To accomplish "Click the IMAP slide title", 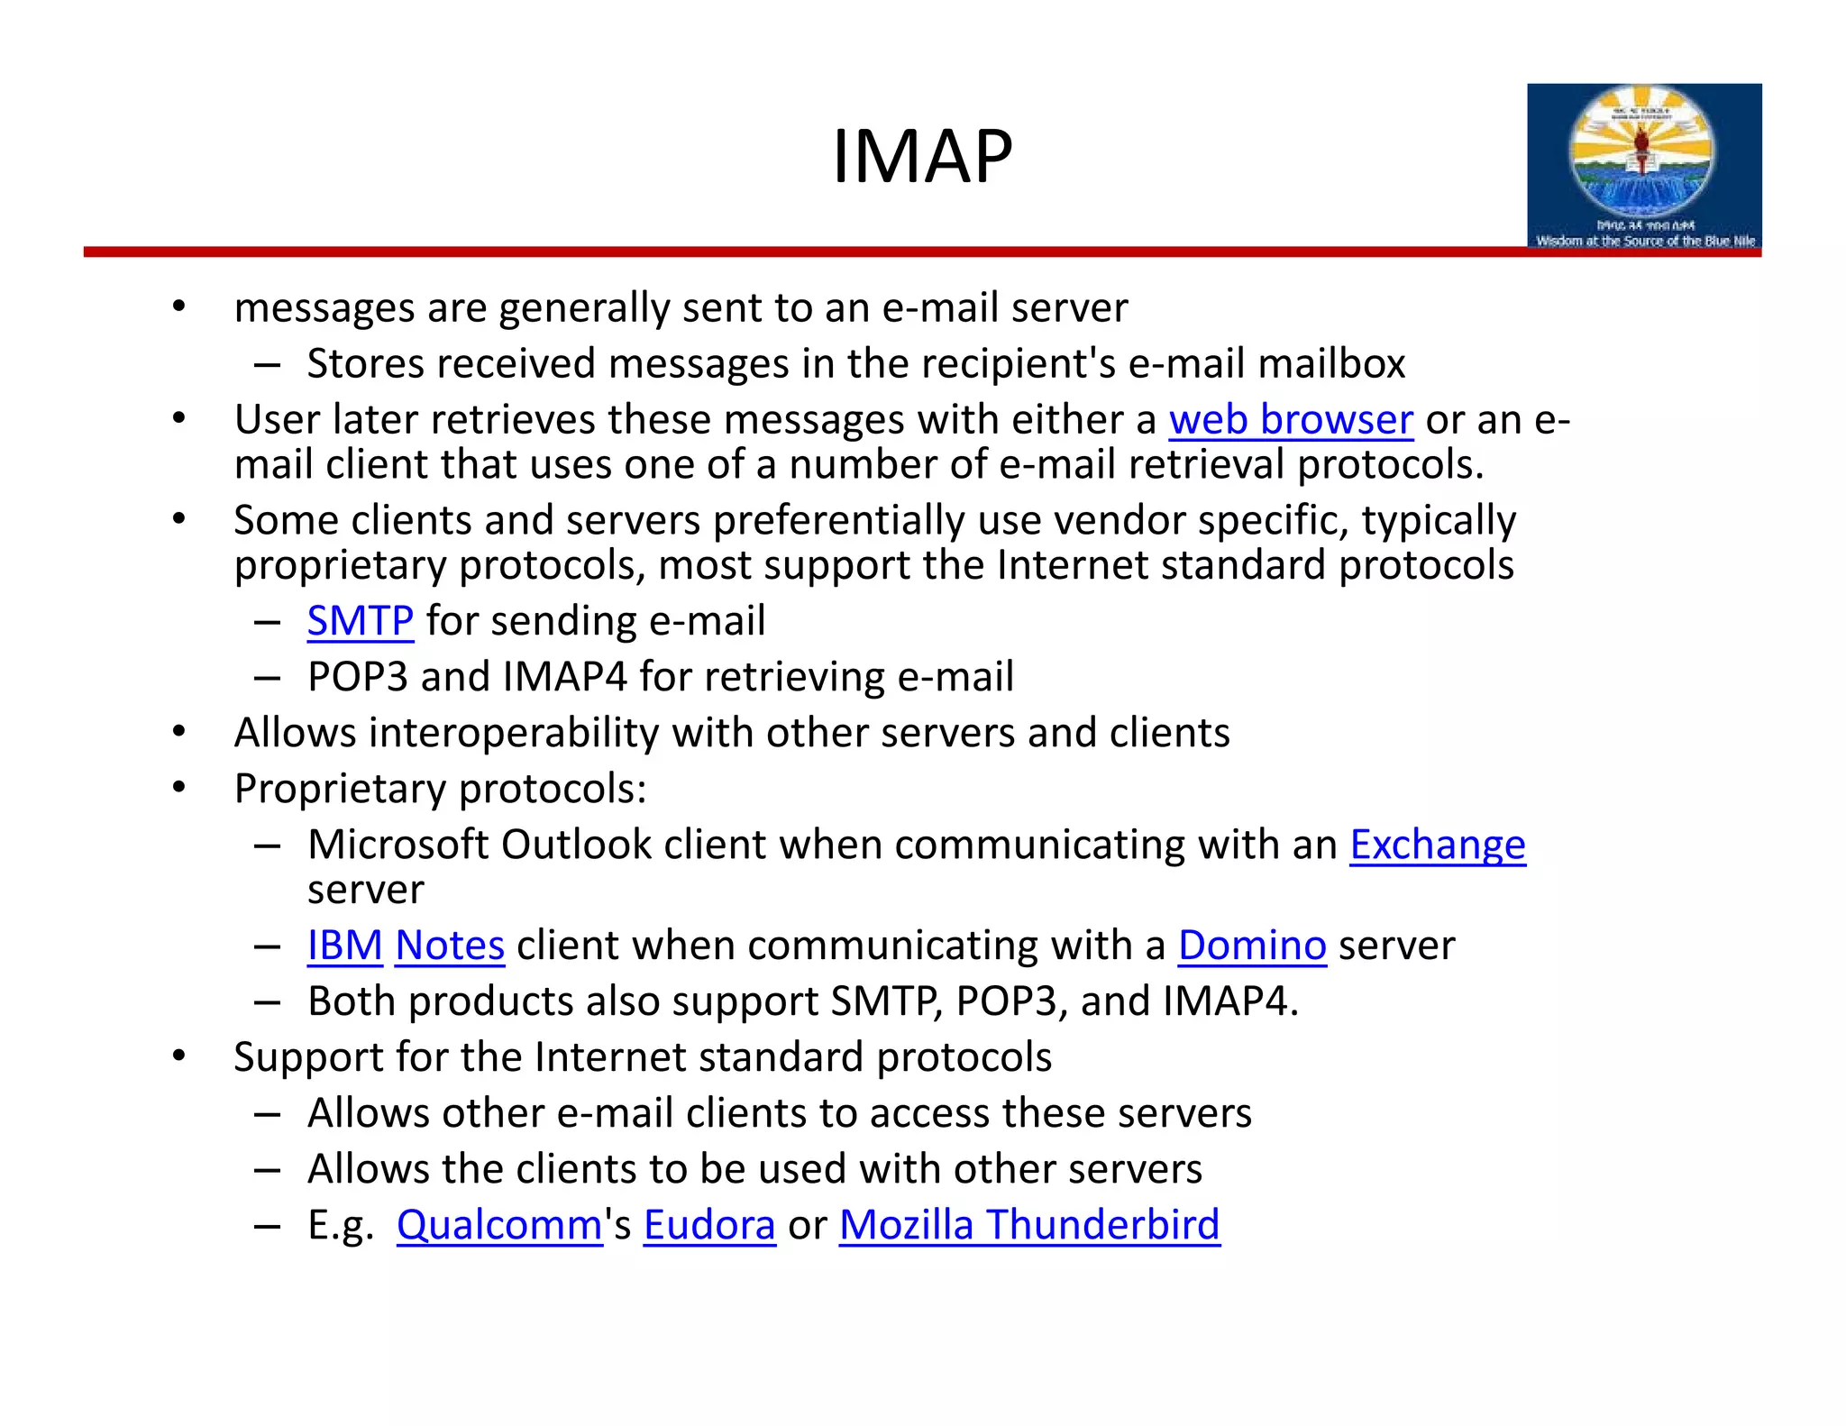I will (x=922, y=157).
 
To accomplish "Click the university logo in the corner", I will (x=1643, y=166).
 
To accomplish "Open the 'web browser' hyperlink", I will (x=1291, y=420).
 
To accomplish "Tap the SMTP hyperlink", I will (x=360, y=621).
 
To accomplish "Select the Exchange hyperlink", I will (x=1437, y=846).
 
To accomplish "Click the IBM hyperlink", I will (x=344, y=946).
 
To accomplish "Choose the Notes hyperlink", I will (x=449, y=946).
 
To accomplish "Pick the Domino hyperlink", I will (x=1252, y=946).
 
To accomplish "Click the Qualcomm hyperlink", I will (x=499, y=1225).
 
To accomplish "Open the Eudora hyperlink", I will (x=709, y=1225).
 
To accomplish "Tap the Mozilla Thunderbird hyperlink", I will (x=1029, y=1225).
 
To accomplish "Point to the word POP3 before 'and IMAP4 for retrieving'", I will (x=358, y=677).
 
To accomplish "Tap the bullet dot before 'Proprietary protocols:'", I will (x=179, y=787).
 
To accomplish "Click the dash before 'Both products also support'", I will (x=267, y=1002).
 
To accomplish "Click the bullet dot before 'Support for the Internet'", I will (x=179, y=1056).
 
